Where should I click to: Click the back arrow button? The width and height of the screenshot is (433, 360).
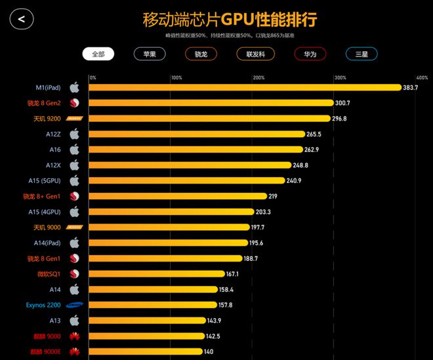tap(21, 19)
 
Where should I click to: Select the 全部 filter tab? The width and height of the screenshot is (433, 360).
tap(98, 54)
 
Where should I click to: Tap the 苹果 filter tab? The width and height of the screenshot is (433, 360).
tap(150, 54)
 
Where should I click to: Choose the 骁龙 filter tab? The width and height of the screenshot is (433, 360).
tap(201, 54)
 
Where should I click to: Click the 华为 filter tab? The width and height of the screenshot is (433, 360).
tap(310, 54)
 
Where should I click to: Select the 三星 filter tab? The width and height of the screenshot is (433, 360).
tap(361, 54)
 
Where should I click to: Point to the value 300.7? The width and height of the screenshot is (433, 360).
tap(342, 103)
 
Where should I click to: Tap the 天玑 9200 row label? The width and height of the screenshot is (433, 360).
tap(47, 119)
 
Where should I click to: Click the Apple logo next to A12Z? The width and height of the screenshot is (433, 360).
tap(75, 134)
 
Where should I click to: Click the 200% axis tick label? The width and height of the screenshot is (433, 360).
tap(258, 78)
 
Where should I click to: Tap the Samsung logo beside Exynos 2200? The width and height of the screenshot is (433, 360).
tap(73, 305)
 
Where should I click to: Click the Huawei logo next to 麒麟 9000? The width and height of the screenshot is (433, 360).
tap(75, 336)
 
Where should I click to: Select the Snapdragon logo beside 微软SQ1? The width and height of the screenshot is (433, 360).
tap(75, 274)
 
